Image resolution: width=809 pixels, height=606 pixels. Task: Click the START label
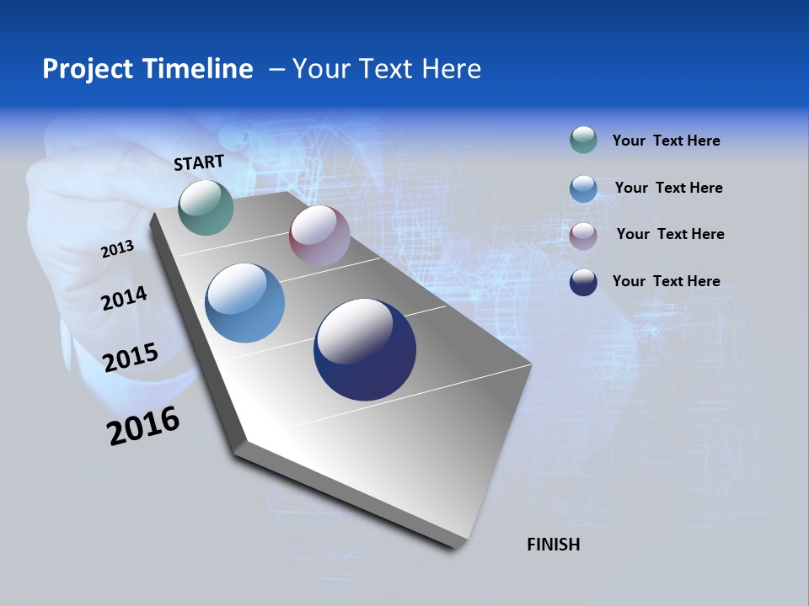199,162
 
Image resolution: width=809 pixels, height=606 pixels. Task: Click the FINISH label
553,545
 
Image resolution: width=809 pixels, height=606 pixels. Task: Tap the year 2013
117,248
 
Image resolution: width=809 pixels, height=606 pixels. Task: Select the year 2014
124,298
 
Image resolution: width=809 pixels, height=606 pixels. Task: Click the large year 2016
143,426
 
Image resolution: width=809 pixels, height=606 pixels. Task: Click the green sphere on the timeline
206,207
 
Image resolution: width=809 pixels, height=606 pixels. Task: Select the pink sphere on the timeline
319,236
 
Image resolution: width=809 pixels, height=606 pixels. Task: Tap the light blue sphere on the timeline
245,303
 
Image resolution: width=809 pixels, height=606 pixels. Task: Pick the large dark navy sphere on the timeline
365,349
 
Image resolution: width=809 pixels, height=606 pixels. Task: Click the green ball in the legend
583,140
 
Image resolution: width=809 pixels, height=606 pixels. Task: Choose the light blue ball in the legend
583,188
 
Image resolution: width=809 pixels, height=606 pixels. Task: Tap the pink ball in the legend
583,235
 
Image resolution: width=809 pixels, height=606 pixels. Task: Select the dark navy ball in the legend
583,282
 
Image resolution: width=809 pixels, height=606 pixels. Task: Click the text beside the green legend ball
666,141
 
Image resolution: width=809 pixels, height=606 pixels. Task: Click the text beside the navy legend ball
666,281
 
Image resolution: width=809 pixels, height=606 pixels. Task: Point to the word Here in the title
452,68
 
